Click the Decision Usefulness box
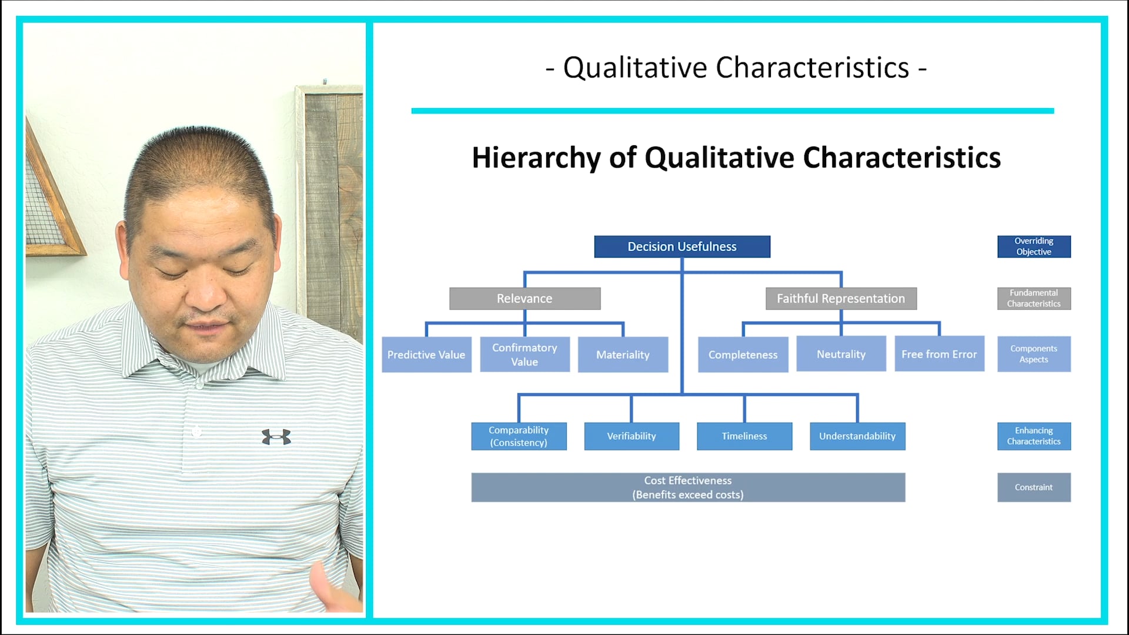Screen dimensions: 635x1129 point(682,246)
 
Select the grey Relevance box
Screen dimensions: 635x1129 point(525,298)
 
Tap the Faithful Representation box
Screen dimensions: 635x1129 point(841,298)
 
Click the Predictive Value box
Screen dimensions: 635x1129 point(426,355)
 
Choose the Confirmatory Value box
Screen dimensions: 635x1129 point(525,355)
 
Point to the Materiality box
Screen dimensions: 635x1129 point(623,355)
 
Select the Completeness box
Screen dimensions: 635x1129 point(743,355)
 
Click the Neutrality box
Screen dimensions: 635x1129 point(841,354)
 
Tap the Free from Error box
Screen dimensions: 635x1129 point(939,354)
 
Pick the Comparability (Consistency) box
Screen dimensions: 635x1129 point(519,436)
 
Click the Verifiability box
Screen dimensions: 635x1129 point(632,436)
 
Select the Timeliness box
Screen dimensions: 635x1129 point(744,436)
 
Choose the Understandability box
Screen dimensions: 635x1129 point(857,436)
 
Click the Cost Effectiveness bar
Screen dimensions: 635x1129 point(688,487)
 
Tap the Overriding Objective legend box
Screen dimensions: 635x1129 point(1034,246)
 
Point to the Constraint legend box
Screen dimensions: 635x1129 point(1034,487)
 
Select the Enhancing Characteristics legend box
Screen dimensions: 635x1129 point(1034,436)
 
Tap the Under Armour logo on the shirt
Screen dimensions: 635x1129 point(276,437)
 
